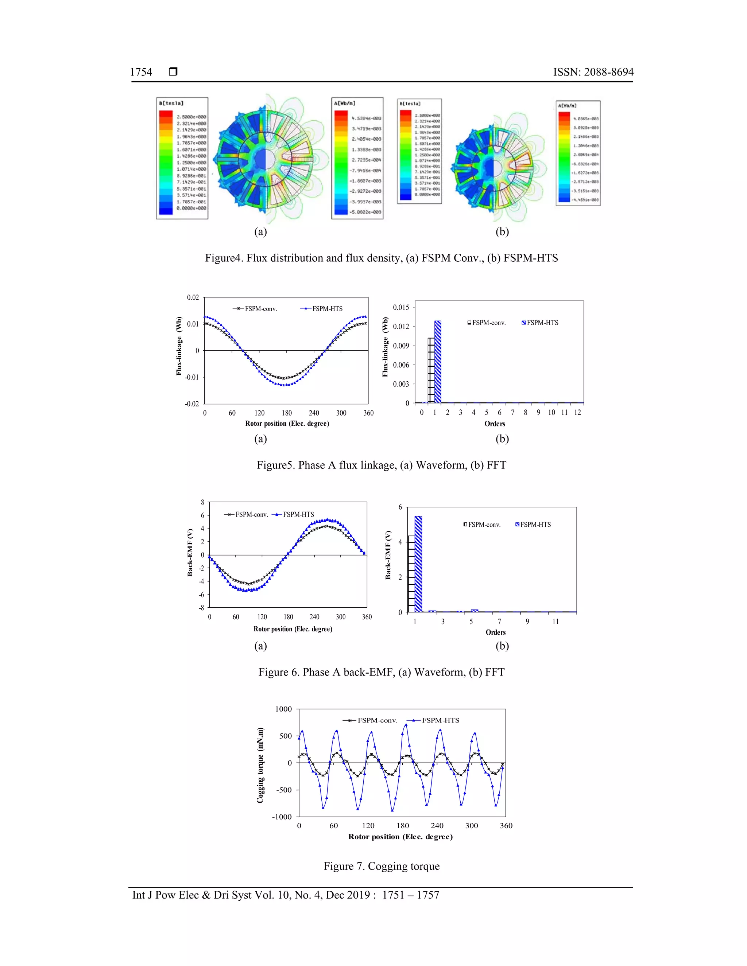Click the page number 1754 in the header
coord(141,72)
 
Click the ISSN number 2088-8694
coord(593,72)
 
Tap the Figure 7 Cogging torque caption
coord(382,866)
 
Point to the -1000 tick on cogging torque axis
coord(282,817)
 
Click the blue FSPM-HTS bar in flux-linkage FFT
coord(438,362)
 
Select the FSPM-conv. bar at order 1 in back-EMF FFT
coord(411,574)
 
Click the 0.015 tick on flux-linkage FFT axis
coord(401,307)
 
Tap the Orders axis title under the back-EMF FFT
coord(495,632)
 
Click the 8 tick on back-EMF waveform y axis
coord(203,502)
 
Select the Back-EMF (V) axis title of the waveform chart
coord(190,552)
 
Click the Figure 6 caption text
coord(381,672)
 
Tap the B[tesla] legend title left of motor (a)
coord(171,104)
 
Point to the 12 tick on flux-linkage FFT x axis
coord(577,413)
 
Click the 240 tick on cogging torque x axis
coord(437,826)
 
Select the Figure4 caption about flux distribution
coord(381,258)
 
